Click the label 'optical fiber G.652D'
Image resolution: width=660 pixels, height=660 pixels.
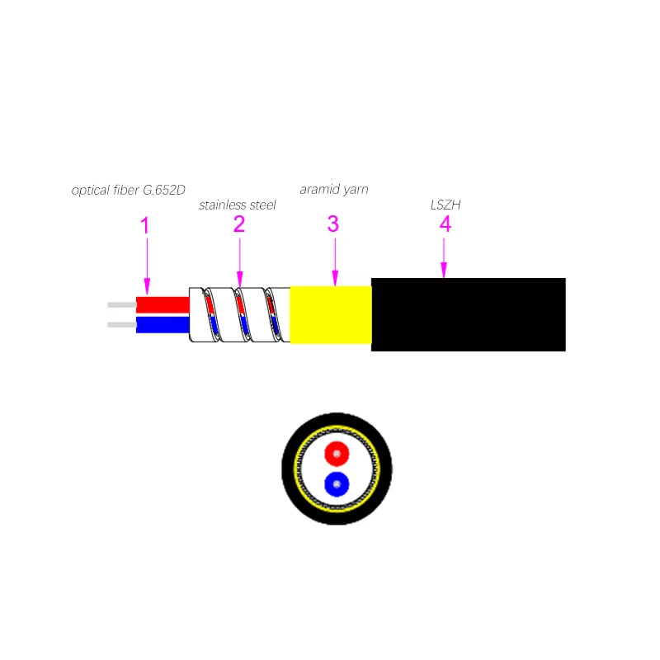[128, 191]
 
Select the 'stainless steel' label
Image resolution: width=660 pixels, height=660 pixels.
[237, 205]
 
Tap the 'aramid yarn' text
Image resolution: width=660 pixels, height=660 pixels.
[333, 189]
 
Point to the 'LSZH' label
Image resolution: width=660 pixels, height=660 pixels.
[445, 205]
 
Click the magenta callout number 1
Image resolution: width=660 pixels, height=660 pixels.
[145, 224]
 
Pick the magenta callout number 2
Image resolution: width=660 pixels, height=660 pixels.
[239, 224]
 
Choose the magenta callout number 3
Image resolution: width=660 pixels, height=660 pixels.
[333, 224]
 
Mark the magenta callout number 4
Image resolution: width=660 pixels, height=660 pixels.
[445, 224]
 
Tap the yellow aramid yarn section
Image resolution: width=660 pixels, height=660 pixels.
[330, 315]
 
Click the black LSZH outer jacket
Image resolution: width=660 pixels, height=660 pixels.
[468, 314]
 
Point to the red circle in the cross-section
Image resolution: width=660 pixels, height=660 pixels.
[337, 453]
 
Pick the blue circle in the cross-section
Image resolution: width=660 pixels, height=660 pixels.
[337, 483]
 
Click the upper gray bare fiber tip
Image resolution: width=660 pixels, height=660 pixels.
[121, 305]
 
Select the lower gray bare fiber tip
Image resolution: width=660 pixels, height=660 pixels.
[121, 324]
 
